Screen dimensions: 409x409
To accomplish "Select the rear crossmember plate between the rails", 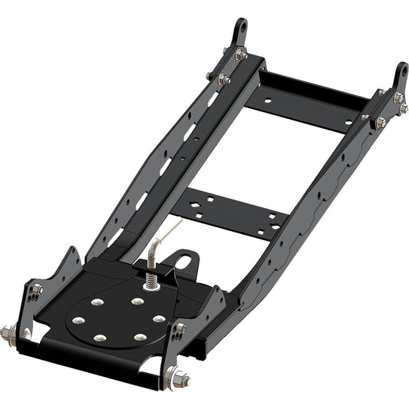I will (x=307, y=104).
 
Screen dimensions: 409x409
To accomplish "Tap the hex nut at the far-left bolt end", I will (x=7, y=334).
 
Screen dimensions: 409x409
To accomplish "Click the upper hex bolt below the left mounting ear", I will (x=240, y=54).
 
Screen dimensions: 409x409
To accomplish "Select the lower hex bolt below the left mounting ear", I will (x=223, y=79).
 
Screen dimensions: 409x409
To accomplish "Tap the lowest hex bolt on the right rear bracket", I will (x=380, y=122).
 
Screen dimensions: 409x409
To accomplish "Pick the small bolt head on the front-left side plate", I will (x=36, y=289).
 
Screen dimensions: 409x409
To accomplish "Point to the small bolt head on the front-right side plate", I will (x=180, y=328).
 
